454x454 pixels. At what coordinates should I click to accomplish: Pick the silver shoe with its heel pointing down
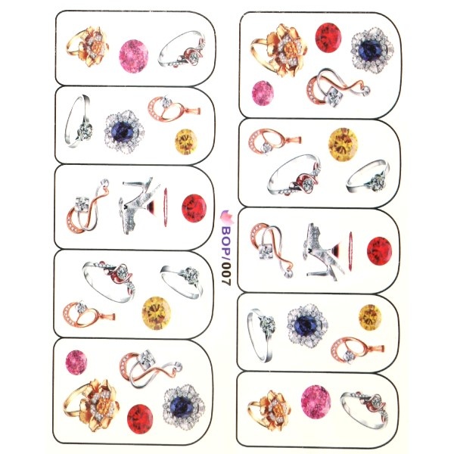[x=324, y=252]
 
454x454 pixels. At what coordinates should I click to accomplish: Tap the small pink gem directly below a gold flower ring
[x=263, y=93]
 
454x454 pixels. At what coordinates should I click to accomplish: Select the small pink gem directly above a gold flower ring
[x=76, y=362]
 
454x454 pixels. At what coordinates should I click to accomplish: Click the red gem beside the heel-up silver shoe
[x=194, y=208]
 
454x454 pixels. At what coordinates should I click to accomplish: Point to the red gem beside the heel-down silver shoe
[x=379, y=250]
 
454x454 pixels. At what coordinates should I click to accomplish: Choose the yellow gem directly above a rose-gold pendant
[x=370, y=317]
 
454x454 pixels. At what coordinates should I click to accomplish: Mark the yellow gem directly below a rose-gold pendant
[x=186, y=141]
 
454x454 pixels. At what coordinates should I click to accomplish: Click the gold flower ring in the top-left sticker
[x=88, y=47]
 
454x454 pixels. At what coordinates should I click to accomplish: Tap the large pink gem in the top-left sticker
[x=133, y=56]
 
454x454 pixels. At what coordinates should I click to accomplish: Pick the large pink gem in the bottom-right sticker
[x=316, y=402]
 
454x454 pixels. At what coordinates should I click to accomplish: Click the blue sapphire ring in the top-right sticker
[x=372, y=50]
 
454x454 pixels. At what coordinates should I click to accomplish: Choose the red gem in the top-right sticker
[x=328, y=38]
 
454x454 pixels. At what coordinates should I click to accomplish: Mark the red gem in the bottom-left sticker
[x=140, y=419]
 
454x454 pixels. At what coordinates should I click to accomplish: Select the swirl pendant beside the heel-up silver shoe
[x=88, y=206]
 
